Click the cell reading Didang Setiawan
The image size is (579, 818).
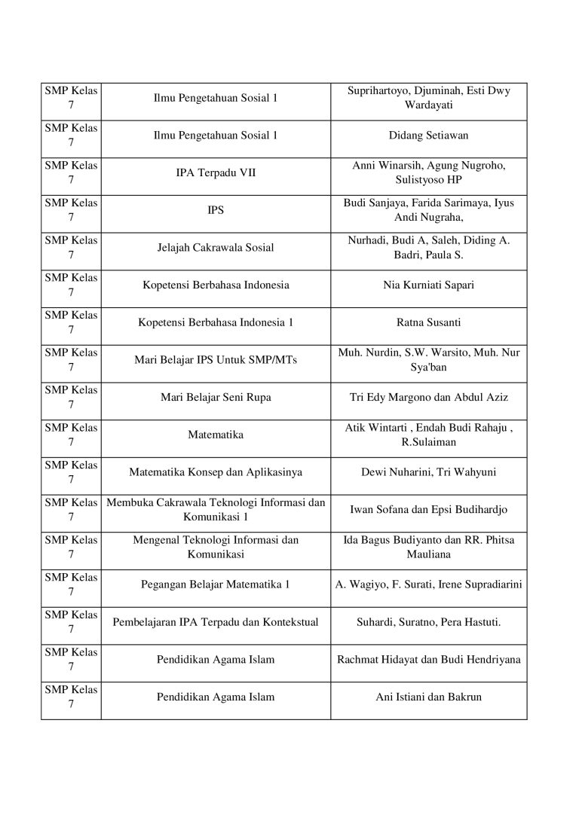428,136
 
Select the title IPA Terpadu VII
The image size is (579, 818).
216,173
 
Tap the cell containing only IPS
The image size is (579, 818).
216,210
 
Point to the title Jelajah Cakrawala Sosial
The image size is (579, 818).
216,248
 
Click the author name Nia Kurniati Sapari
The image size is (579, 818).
428,285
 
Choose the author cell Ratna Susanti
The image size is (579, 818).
428,322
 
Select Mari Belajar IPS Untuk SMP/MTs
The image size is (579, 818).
216,360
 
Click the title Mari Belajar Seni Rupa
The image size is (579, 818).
216,397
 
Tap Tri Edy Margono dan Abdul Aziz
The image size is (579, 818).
428,397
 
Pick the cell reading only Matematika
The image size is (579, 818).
216,435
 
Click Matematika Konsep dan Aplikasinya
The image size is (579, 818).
216,472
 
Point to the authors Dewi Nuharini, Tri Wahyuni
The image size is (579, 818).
428,472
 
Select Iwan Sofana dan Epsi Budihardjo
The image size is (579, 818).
428,510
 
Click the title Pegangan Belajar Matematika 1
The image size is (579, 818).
216,585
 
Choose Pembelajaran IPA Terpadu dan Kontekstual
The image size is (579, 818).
216,622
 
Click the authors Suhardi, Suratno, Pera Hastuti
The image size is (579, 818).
428,622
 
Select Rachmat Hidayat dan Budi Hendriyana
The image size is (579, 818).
428,660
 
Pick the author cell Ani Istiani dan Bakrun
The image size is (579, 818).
428,697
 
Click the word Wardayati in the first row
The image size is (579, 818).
428,105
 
